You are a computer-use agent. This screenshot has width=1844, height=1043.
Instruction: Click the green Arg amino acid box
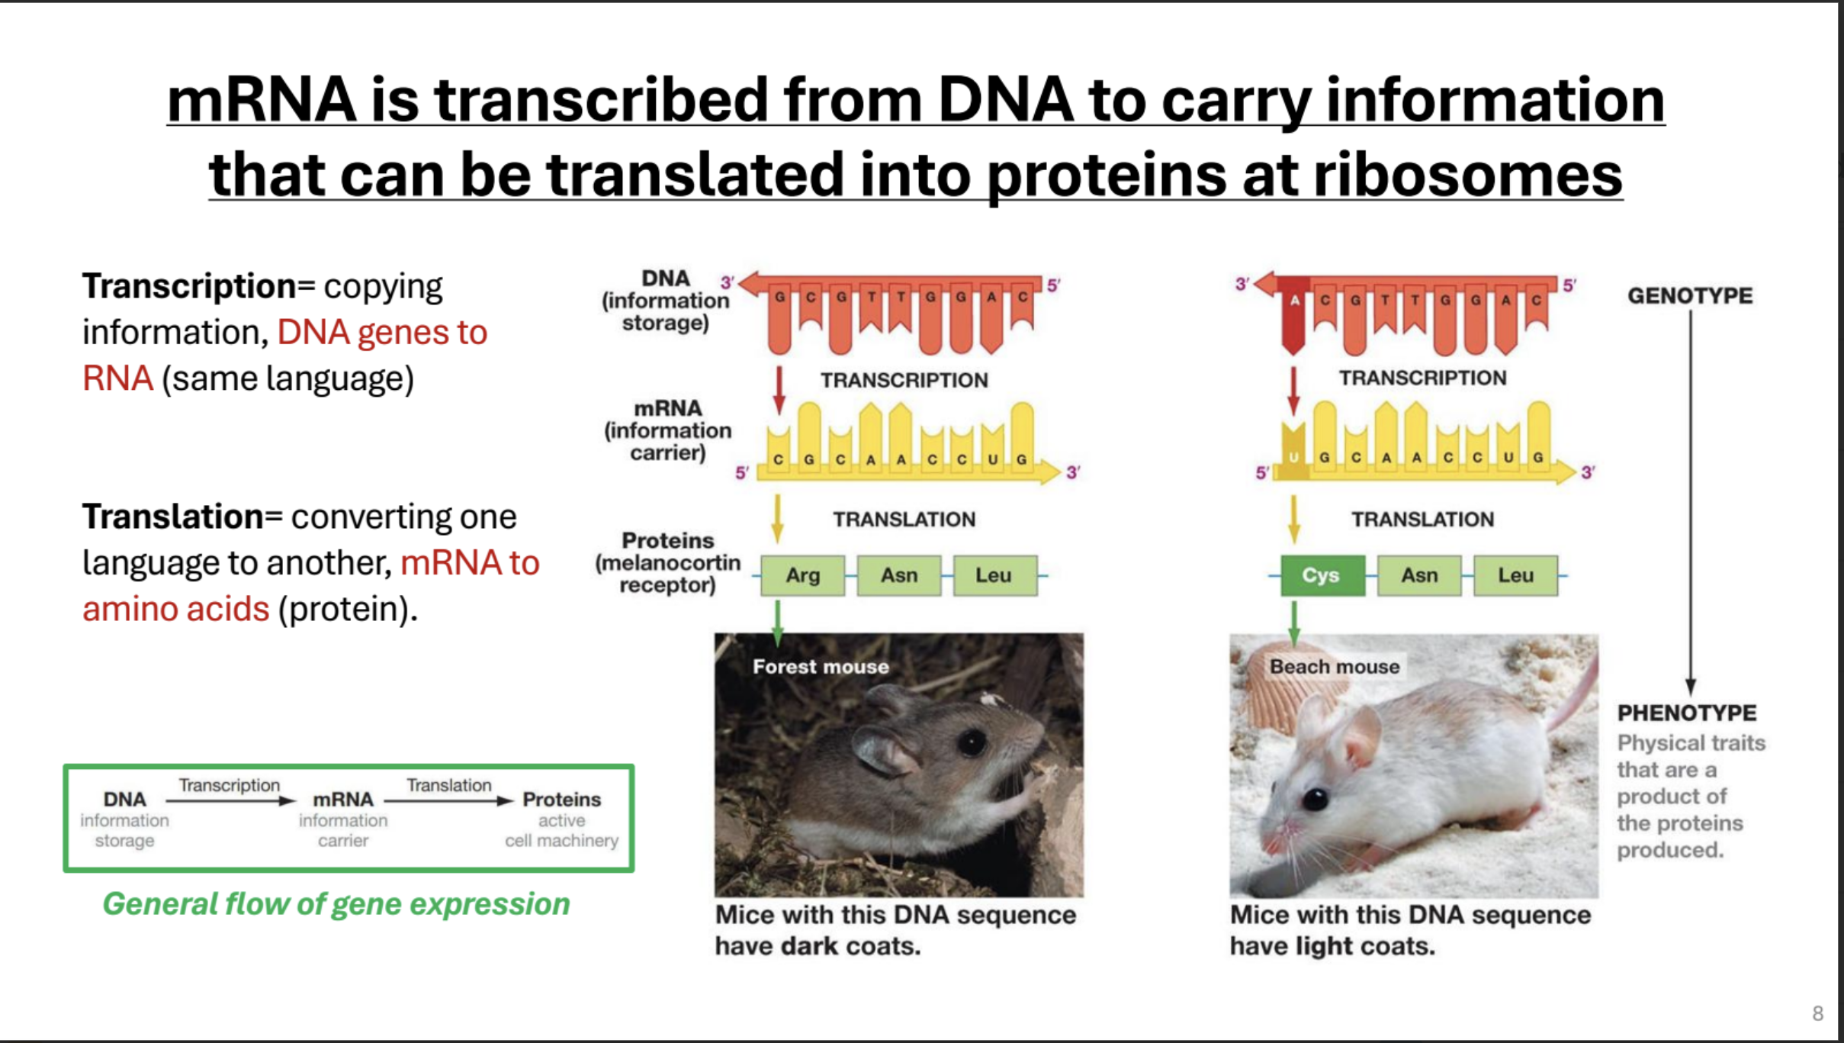[802, 575]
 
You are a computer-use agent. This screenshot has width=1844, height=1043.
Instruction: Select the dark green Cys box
[1322, 575]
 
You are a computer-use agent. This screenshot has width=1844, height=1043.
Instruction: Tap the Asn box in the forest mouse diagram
[899, 575]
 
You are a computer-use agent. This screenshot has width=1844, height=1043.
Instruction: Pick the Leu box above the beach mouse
[1515, 575]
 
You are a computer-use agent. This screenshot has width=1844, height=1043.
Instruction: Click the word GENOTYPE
[1690, 295]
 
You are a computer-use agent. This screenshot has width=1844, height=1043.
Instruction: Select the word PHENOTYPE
[1687, 713]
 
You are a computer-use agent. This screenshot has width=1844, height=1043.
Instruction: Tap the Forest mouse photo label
[821, 667]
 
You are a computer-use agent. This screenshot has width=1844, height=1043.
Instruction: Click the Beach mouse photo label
[1335, 667]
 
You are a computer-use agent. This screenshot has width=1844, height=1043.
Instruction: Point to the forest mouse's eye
[972, 742]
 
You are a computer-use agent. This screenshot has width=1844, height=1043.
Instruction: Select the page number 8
[1818, 1013]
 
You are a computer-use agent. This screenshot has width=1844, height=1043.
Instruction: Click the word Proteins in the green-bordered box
[561, 800]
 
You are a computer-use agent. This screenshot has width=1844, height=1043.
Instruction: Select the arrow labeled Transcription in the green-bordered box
[230, 801]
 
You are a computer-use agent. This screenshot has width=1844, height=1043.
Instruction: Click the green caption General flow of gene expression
[336, 904]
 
